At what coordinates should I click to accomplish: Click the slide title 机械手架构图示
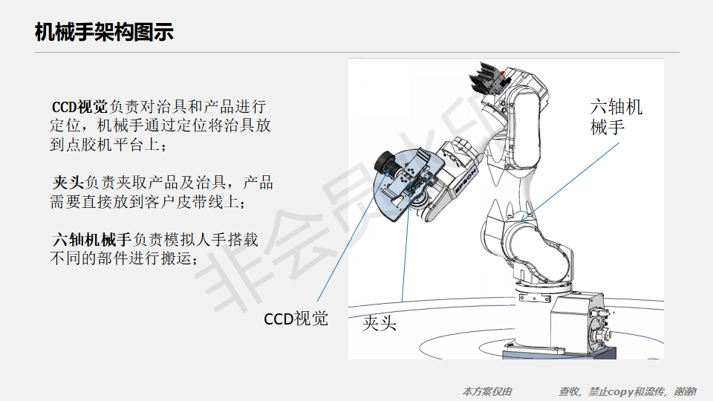[104, 32]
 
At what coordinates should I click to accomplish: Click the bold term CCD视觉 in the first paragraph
[79, 107]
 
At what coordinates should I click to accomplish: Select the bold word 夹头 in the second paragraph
[68, 183]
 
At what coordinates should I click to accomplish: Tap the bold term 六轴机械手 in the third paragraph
[92, 240]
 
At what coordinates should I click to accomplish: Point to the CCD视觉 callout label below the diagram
[296, 319]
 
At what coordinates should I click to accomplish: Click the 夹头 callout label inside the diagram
[380, 323]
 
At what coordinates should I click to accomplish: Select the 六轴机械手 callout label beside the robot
[616, 117]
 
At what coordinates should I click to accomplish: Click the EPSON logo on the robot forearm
[466, 181]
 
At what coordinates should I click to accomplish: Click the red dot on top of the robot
[503, 73]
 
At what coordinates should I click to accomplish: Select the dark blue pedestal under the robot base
[559, 353]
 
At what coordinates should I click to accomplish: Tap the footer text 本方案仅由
[487, 391]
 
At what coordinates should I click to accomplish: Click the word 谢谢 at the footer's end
[685, 391]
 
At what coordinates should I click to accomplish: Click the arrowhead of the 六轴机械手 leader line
[524, 219]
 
